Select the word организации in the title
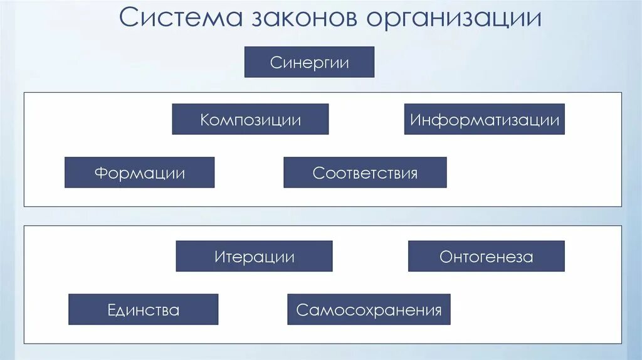(454, 19)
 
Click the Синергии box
(309, 62)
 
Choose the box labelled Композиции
(250, 119)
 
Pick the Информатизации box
(484, 119)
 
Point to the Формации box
(139, 172)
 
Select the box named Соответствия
(365, 172)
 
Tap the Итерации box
(254, 256)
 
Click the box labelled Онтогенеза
(486, 256)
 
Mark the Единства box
(143, 309)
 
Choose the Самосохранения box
(369, 309)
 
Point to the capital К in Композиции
(205, 120)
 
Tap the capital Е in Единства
(112, 310)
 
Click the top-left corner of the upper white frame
(24, 93)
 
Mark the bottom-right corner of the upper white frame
(621, 206)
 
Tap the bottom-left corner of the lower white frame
(24, 343)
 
